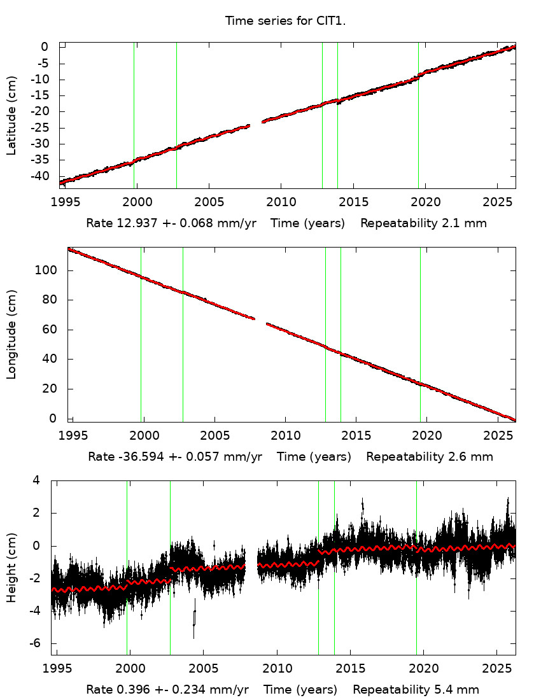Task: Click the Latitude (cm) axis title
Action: pos(11,115)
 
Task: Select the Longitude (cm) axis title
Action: pos(11,335)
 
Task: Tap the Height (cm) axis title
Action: pos(11,568)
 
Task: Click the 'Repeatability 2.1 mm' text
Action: pos(424,223)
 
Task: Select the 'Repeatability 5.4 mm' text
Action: pos(416,689)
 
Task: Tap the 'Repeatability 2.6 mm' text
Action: pos(430,456)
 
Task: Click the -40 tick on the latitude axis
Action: pos(41,176)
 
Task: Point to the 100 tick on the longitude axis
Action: pos(48,270)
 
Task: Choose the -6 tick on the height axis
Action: pos(38,643)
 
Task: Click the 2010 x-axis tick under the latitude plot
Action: pos(281,202)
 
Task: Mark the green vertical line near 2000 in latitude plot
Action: pos(134,115)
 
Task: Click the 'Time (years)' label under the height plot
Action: pos(300,689)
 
